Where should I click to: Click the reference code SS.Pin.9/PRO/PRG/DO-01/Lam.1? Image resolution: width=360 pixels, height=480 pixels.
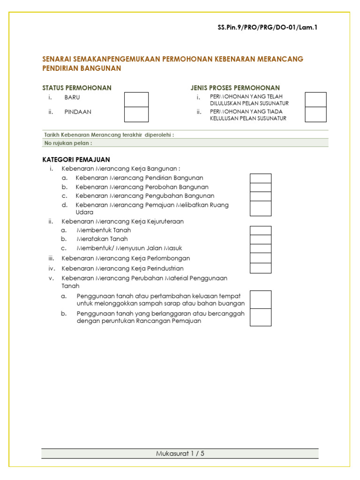pos(268,28)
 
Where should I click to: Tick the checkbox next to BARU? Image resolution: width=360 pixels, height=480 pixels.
pos(136,99)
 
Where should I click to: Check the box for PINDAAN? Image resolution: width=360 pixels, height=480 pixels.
pos(136,114)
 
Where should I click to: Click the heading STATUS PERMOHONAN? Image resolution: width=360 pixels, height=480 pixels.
pos(77,88)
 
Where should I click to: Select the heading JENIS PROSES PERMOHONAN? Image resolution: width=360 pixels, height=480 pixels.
pos(235,88)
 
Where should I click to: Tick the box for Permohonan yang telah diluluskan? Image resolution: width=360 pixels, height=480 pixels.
pos(315,99)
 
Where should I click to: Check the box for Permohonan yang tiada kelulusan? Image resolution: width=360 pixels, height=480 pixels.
pos(315,114)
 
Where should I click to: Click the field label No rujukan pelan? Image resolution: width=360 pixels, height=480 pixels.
pos(68,143)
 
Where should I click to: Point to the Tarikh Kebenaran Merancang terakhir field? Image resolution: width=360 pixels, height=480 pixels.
pos(109,135)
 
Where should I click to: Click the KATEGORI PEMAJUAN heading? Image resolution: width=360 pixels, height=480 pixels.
pos(76,160)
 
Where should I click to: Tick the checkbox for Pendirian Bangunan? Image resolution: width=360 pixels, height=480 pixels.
pos(260,178)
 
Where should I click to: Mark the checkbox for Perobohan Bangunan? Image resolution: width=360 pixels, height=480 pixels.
pos(260,187)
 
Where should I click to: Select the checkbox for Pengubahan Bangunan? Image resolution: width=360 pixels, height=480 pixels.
pos(260,196)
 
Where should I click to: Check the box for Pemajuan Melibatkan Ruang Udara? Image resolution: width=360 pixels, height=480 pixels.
pos(260,208)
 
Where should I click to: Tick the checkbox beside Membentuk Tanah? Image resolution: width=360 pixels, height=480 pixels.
pos(260,230)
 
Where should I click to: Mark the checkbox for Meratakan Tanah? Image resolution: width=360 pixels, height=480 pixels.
pos(260,239)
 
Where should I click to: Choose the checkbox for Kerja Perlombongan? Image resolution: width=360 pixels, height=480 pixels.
pos(260,258)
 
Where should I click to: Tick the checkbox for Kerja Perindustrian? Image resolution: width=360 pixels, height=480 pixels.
pos(260,268)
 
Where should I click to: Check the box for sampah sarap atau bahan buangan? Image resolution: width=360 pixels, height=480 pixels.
pos(260,300)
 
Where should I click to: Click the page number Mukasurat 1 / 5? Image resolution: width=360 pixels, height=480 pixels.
pos(180,453)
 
